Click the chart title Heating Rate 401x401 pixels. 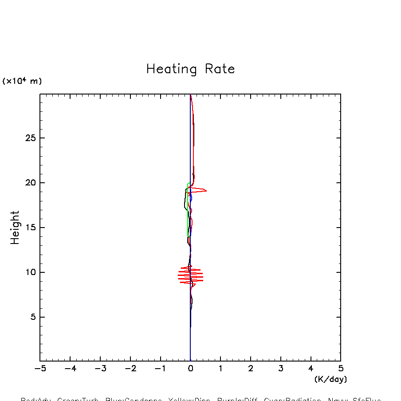(x=190, y=69)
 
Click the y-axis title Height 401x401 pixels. (x=15, y=227)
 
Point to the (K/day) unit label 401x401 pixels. (x=330, y=379)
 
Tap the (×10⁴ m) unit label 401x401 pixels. (x=22, y=81)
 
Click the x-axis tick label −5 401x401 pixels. (x=40, y=369)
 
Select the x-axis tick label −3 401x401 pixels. (x=100, y=369)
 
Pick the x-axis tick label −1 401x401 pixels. (x=160, y=369)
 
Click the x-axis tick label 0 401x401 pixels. (x=190, y=369)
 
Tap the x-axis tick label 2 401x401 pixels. (x=251, y=369)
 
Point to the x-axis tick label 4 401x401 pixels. (x=311, y=369)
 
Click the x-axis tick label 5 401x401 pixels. (x=341, y=369)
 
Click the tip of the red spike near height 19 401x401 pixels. (x=206, y=190)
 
